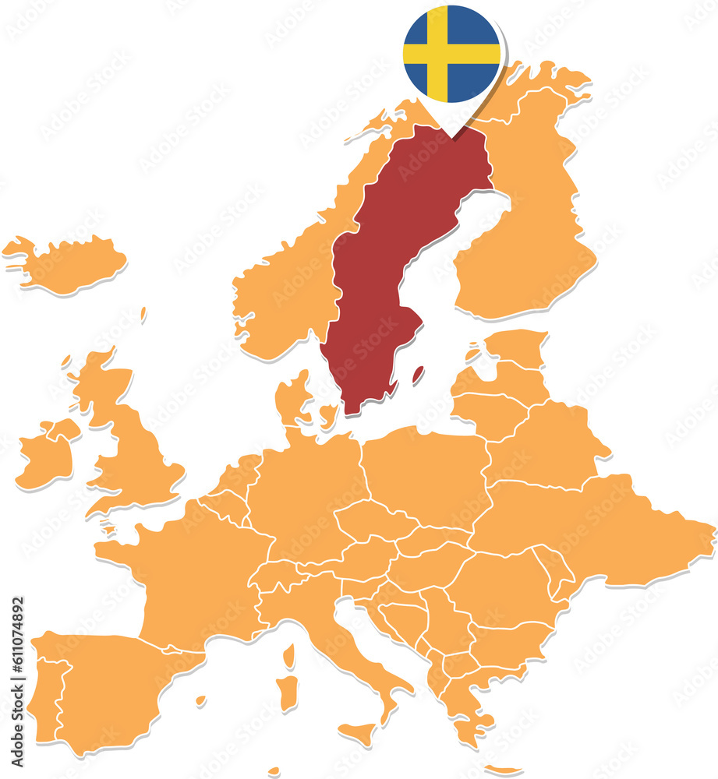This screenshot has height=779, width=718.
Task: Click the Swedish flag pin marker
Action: click(x=451, y=54)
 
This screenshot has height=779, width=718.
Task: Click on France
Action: click(x=195, y=576)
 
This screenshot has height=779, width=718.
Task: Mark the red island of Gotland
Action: click(x=418, y=375)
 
